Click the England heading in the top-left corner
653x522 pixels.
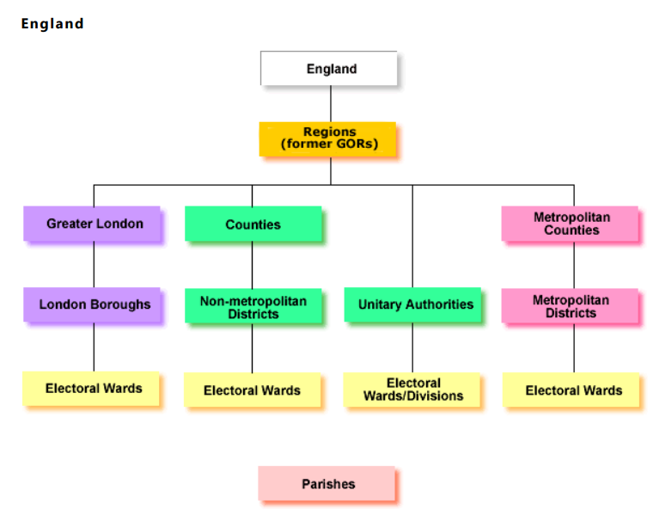point(52,24)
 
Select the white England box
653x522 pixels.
point(329,69)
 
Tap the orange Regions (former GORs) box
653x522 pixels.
point(327,138)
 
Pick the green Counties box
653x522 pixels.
point(253,224)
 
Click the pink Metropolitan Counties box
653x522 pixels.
point(570,224)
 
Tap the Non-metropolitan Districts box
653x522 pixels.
point(253,306)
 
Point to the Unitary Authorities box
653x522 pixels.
point(413,304)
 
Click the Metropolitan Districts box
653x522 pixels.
point(570,306)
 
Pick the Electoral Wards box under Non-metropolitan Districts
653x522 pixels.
point(253,390)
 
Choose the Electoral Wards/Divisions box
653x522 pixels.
point(412,390)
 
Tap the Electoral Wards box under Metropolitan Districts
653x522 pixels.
point(572,390)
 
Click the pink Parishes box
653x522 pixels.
point(327,484)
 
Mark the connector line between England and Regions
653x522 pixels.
point(331,104)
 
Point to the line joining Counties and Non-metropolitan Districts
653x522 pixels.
point(252,265)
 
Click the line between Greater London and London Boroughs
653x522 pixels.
point(94,265)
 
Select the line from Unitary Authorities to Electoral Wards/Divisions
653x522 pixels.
point(412,347)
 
